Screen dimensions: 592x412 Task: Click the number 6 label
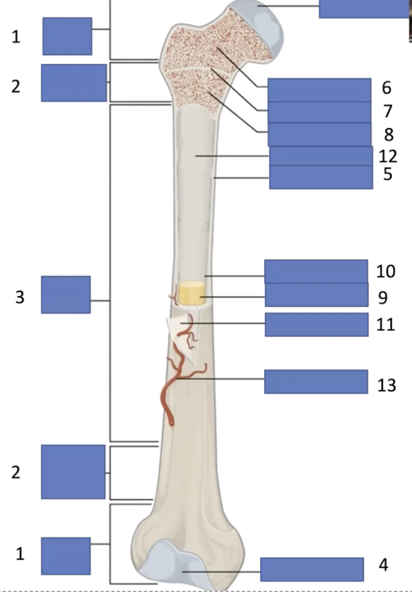coord(387,88)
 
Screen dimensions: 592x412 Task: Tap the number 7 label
coord(388,111)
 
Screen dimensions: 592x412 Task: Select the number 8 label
coord(389,134)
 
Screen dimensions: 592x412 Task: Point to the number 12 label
coord(388,156)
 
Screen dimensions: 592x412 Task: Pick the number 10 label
coord(386,271)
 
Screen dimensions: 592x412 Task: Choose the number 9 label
coord(382,297)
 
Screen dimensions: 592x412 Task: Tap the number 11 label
coord(386,324)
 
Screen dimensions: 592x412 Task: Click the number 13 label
coord(386,385)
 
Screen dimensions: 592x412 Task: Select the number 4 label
coord(383,565)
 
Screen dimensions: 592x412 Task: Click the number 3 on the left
coord(20,296)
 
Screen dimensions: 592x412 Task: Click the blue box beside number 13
coord(316,382)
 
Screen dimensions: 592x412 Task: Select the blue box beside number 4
coord(312,569)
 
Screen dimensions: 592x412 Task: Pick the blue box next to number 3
coord(66,295)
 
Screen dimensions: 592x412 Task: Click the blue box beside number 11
coord(316,324)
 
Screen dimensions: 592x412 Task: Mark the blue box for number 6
coord(319,90)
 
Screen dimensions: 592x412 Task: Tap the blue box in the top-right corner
coord(365,8)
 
